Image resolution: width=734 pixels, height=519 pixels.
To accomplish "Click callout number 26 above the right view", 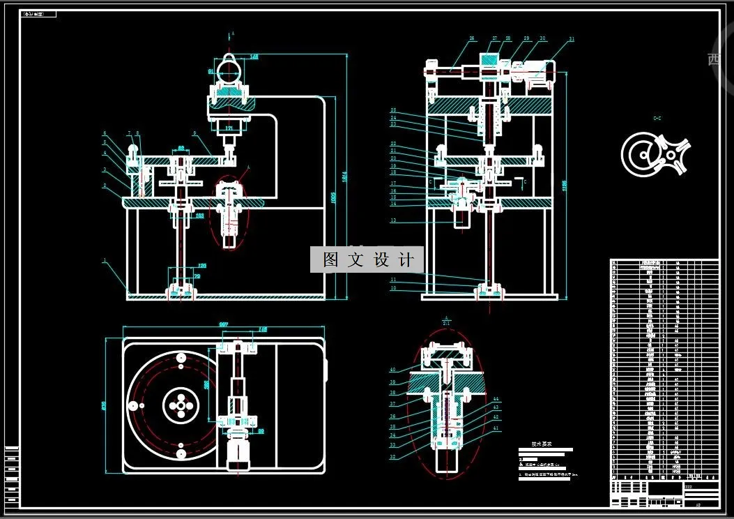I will [472, 39].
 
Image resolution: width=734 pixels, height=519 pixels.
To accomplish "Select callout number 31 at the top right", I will [572, 39].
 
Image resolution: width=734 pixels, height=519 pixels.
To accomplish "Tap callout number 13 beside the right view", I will [393, 220].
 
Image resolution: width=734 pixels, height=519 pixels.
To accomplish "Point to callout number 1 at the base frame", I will [105, 261].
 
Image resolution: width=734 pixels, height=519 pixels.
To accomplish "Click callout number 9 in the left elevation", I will [195, 133].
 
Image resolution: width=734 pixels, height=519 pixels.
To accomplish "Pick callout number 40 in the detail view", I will [392, 369].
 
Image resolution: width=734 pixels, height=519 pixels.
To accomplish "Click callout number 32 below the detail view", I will [392, 457].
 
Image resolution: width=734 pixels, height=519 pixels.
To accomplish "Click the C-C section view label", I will [657, 119].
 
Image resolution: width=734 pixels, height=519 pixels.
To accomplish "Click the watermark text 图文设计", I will [367, 259].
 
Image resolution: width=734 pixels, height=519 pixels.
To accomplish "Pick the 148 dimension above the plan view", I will [263, 329].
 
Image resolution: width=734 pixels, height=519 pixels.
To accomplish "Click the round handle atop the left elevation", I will [229, 70].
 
